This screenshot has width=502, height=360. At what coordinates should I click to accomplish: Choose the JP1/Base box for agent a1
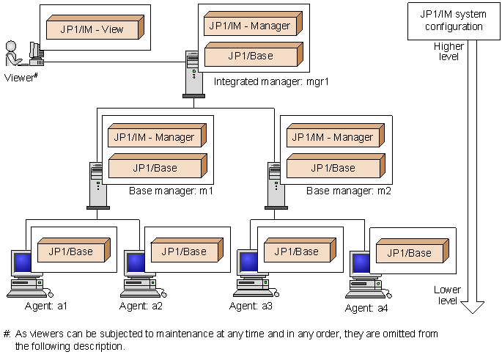point(71,251)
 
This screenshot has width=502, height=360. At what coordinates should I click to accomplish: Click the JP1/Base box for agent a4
point(408,253)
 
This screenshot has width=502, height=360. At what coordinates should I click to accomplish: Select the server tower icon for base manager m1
point(96,185)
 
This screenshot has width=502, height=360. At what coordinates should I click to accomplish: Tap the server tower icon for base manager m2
point(273,185)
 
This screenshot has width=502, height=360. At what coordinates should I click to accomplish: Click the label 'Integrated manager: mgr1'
point(271,81)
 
